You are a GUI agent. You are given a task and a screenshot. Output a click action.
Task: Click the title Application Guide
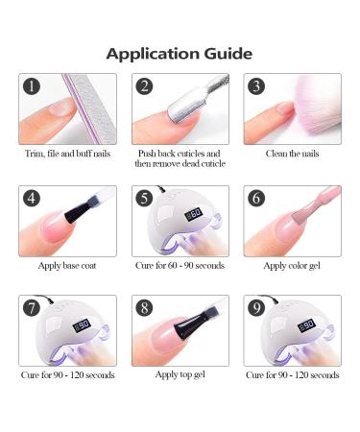tap(180, 53)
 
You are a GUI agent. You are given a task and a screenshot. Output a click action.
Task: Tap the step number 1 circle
tap(33, 87)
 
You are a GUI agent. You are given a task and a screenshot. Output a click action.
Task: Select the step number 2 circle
tap(145, 87)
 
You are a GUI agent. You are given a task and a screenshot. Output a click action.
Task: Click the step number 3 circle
tap(256, 87)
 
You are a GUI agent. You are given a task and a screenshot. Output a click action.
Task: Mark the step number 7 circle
tap(33, 308)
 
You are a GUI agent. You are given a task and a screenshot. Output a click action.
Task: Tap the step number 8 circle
tap(145, 308)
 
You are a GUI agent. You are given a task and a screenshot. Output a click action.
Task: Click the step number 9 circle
tap(256, 308)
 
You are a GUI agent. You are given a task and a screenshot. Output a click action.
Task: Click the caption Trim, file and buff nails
tap(67, 154)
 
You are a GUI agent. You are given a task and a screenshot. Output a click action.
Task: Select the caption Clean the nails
tap(291, 154)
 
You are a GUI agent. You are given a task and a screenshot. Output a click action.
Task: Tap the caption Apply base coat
tap(67, 264)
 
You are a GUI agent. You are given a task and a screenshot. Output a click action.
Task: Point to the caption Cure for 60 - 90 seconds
tap(180, 264)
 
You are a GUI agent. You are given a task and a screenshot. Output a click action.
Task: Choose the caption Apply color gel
tap(291, 264)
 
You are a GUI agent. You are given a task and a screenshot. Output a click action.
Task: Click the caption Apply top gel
tap(180, 374)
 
